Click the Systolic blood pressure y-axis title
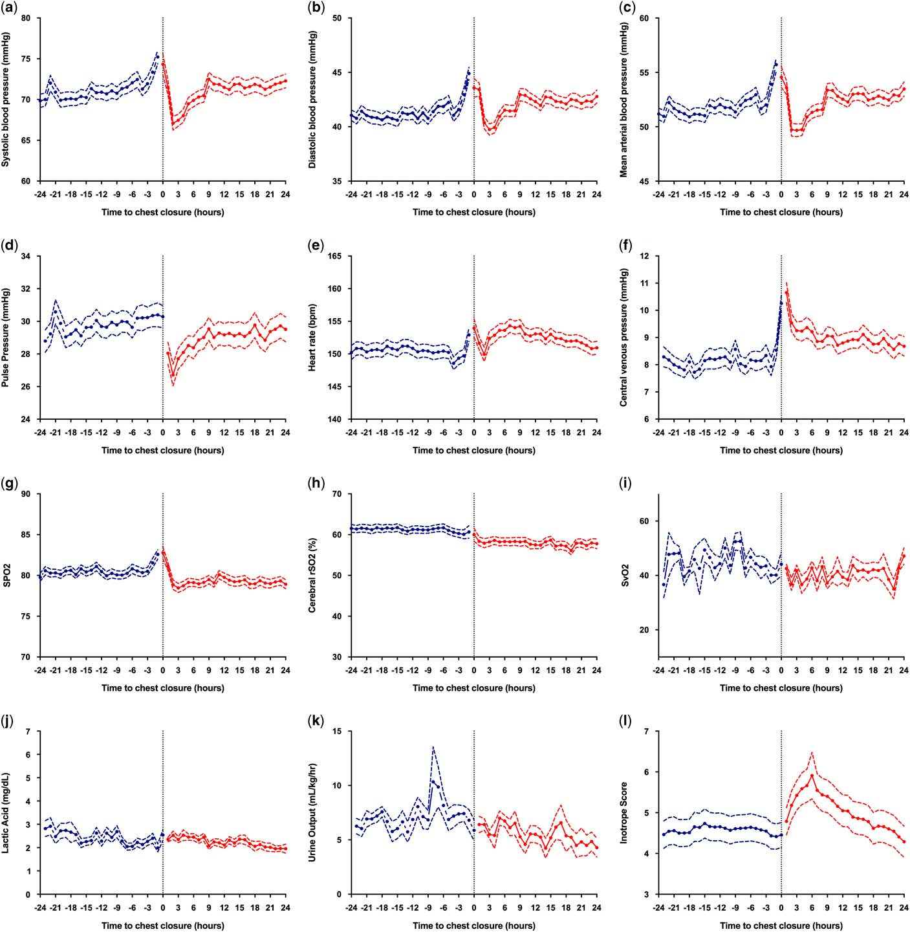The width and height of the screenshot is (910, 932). [6, 100]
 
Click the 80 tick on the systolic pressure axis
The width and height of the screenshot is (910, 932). [26, 18]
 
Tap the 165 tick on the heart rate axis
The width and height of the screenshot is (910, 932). [335, 257]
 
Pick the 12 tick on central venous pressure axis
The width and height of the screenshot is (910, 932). [644, 257]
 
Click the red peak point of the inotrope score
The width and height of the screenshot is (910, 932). [812, 776]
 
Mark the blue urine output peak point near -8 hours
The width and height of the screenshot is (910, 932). [433, 781]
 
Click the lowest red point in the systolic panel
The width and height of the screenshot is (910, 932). [173, 123]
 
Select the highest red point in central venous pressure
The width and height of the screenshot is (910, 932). [786, 293]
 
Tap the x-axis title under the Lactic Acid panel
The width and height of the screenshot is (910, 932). [162, 926]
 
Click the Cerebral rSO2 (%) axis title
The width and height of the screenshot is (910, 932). [312, 576]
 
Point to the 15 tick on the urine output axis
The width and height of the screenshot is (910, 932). [338, 732]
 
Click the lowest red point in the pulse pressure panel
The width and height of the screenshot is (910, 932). [173, 377]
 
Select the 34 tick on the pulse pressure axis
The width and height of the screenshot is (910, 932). [26, 257]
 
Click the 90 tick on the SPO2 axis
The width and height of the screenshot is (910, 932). [26, 494]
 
